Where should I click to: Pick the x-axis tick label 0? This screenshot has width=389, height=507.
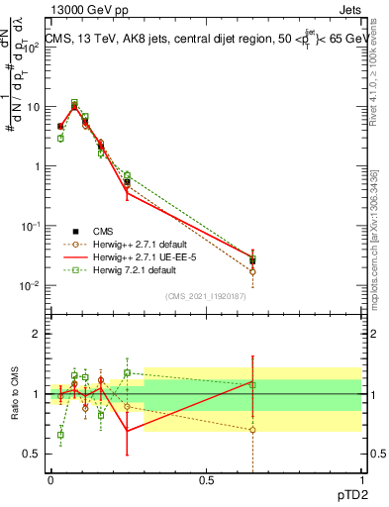point(50,478)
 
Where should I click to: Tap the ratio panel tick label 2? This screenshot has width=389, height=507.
point(37,334)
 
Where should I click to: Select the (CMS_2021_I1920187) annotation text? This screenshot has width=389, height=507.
point(206,295)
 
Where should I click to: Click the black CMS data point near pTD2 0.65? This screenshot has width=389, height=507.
point(252,261)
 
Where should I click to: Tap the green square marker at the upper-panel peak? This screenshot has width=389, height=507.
point(74,102)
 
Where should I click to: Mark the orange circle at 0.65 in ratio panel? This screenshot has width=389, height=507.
point(252,430)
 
